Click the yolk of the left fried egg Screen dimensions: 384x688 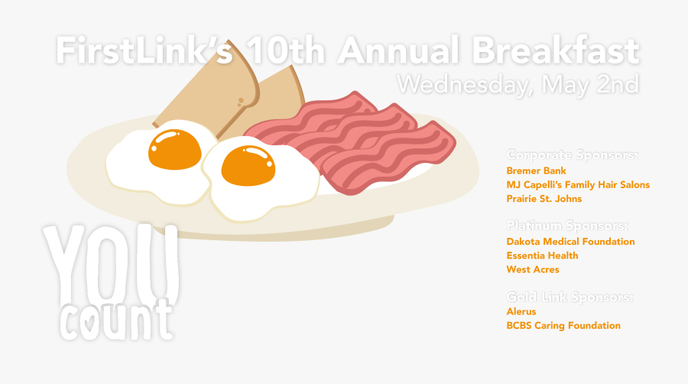click(x=174, y=148)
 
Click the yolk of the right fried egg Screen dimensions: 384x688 click(x=248, y=164)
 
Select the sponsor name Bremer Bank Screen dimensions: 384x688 click(x=536, y=171)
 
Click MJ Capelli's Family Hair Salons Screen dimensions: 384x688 click(x=578, y=185)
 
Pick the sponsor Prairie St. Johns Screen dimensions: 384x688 click(x=544, y=199)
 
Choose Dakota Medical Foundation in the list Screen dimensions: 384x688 click(x=570, y=242)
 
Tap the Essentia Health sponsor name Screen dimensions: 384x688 click(x=542, y=255)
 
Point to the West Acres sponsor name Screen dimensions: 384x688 click(x=533, y=269)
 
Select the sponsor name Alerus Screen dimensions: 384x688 click(x=521, y=311)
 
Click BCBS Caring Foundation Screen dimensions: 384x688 click(x=563, y=325)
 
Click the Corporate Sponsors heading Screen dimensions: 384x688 click(x=572, y=155)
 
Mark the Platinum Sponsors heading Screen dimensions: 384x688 click(x=567, y=226)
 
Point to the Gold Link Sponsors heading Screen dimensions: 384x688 click(x=570, y=296)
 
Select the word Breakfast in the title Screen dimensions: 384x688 click(x=554, y=51)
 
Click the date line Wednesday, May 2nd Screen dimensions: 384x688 click(x=518, y=83)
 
